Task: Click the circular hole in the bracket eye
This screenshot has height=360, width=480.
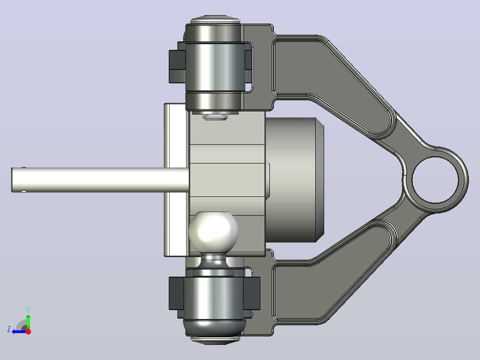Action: (435, 180)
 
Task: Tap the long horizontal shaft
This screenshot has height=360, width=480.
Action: (100, 180)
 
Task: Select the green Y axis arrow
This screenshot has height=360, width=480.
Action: (28, 321)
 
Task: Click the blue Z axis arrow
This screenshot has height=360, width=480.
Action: (19, 331)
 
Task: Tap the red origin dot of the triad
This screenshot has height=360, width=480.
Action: (28, 331)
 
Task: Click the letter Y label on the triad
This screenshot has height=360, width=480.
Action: (28, 310)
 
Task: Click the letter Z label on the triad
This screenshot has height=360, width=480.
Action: (9, 329)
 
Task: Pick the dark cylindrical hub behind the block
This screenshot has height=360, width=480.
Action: (294, 180)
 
